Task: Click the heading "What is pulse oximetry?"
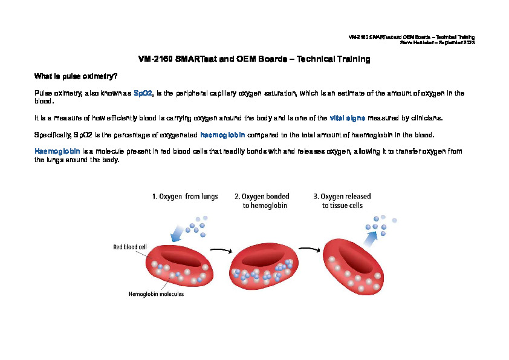point(76,76)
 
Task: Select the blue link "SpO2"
point(143,93)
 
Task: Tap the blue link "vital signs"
point(348,118)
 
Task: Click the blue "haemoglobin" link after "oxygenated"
point(222,135)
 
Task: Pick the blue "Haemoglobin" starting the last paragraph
point(57,151)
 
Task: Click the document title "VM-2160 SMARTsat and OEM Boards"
point(213,59)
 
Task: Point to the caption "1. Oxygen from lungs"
point(185,197)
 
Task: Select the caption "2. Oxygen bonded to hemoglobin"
point(262,201)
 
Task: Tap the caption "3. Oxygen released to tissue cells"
point(342,201)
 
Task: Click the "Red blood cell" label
point(130,247)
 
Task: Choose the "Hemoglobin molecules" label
point(156,294)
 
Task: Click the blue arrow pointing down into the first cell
point(177,234)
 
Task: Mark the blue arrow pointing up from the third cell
point(371,240)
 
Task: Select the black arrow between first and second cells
point(221,250)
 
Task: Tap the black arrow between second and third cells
point(310,249)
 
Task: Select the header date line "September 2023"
point(457,42)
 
